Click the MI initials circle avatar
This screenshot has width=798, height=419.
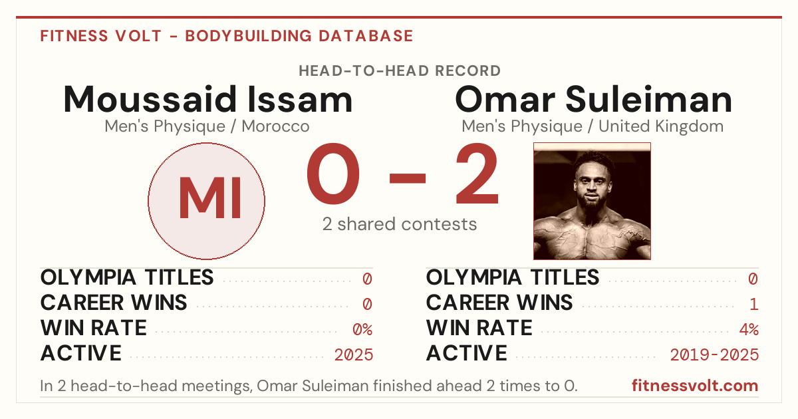pyautogui.click(x=206, y=201)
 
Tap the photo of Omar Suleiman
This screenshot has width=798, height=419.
pyautogui.click(x=592, y=201)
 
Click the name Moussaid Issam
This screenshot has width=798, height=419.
pyautogui.click(x=208, y=99)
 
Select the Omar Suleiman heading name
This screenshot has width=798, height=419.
pyautogui.click(x=593, y=99)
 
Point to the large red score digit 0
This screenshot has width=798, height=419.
pyautogui.click(x=333, y=174)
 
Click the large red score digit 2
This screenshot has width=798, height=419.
pyautogui.click(x=477, y=174)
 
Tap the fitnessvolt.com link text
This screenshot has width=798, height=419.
pyautogui.click(x=695, y=386)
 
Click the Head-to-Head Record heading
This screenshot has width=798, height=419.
pyautogui.click(x=400, y=71)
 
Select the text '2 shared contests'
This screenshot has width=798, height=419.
pyautogui.click(x=400, y=224)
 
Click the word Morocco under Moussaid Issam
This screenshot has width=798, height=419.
pyautogui.click(x=275, y=126)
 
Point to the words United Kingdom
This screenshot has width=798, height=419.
pyautogui.click(x=661, y=126)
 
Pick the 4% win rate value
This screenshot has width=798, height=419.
pyautogui.click(x=749, y=329)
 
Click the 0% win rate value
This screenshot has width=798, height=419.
pyautogui.click(x=362, y=329)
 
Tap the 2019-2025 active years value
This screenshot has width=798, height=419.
pyautogui.click(x=714, y=355)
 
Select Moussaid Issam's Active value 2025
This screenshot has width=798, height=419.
pyautogui.click(x=354, y=355)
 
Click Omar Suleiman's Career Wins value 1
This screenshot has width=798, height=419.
pyautogui.click(x=754, y=304)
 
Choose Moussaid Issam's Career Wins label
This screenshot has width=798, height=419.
pyautogui.click(x=114, y=303)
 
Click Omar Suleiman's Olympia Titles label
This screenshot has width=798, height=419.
pyautogui.click(x=513, y=277)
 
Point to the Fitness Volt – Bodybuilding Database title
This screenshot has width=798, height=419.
pyautogui.click(x=227, y=36)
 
